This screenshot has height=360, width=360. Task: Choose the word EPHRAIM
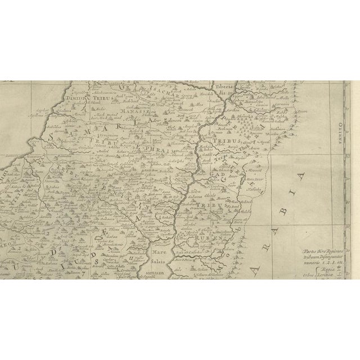click(164, 151)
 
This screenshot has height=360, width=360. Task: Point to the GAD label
click(219, 175)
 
